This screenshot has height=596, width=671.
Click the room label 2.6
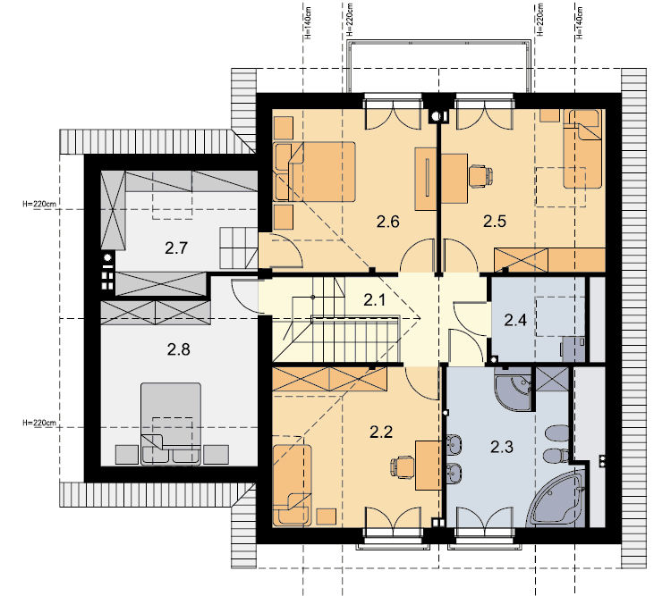coord(387,222)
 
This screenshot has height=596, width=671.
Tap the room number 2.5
coord(495,221)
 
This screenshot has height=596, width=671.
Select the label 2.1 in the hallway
coord(375,299)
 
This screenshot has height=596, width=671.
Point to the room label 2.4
coord(515,320)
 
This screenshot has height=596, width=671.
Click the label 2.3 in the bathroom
coord(502,447)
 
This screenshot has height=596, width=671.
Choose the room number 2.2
coord(381,432)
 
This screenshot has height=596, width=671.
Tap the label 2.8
coord(178,349)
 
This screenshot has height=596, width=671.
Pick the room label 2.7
coord(176,248)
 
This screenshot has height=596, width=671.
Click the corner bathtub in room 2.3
coord(556,499)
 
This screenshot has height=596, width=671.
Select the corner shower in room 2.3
coord(514,388)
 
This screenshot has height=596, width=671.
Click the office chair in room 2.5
coord(480,176)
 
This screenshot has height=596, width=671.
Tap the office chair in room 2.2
coord(403,466)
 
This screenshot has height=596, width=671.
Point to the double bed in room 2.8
coord(171,423)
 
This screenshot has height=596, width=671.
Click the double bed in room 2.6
coord(315,172)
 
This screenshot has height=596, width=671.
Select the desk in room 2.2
coord(428,466)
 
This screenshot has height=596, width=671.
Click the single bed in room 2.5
coord(582,149)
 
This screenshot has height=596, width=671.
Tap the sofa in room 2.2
coord(292,484)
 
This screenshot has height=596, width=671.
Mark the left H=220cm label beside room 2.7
coord(39,204)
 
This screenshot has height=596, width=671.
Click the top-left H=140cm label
coord(308,22)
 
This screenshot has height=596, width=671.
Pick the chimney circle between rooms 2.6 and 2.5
coord(436,116)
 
